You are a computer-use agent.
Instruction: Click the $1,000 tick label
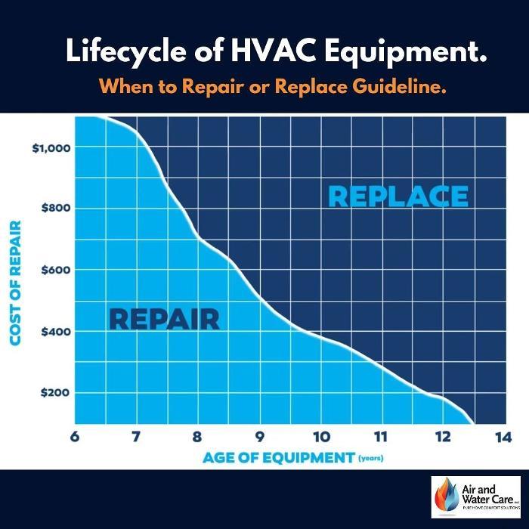tap(51, 147)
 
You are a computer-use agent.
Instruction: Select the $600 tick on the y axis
tap(54, 270)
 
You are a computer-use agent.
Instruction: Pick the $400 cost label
tap(54, 332)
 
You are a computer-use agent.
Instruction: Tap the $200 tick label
tap(54, 393)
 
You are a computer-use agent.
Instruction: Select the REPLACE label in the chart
tap(398, 196)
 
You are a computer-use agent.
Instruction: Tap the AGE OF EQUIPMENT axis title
tap(279, 457)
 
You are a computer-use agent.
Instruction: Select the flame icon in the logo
tap(445, 497)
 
